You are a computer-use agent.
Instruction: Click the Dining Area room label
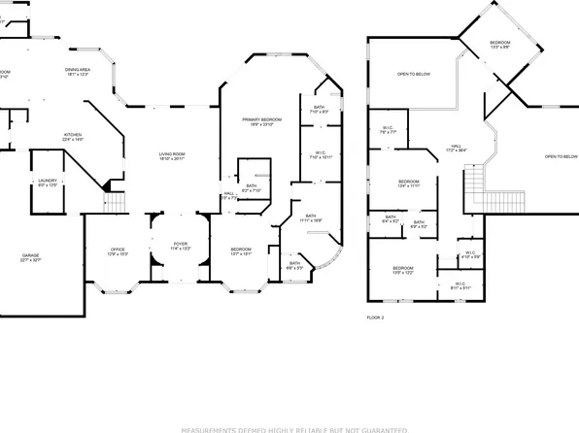pos(78,70)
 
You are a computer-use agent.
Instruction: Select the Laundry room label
pos(47,181)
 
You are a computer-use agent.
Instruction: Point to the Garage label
pos(32,256)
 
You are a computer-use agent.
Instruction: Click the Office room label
pos(118,250)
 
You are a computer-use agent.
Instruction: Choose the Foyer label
pos(181,245)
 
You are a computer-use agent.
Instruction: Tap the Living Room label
pos(173,154)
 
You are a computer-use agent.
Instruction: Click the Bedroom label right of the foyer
pos(241,250)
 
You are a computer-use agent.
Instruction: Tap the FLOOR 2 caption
pos(376,317)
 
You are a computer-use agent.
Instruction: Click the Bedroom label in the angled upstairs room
pos(500,43)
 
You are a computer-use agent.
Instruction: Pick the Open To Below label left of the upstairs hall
pos(413,74)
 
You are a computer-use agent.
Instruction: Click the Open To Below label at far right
pos(561,156)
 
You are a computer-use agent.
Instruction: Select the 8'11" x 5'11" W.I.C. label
pos(460,285)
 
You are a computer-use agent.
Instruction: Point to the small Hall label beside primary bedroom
pos(229,194)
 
